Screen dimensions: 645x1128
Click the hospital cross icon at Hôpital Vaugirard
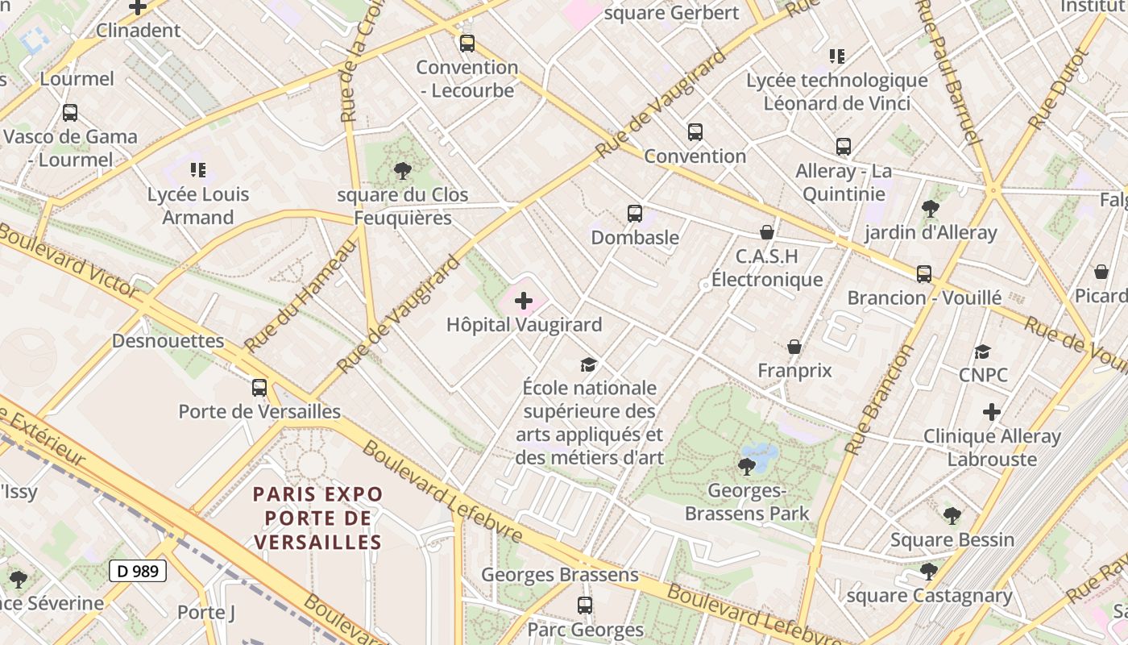pyautogui.click(x=524, y=302)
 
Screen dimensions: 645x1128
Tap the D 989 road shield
pyautogui.click(x=138, y=571)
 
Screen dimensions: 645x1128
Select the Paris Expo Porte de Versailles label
pyautogui.click(x=318, y=518)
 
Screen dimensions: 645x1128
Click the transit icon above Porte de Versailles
pyautogui.click(x=259, y=388)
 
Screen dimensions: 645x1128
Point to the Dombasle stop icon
pyautogui.click(x=635, y=214)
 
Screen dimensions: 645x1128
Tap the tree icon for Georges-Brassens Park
pyautogui.click(x=747, y=466)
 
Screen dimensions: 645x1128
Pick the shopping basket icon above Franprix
pyautogui.click(x=794, y=347)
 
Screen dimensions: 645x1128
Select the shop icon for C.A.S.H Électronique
pyautogui.click(x=767, y=232)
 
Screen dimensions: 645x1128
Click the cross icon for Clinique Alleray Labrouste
pyautogui.click(x=992, y=412)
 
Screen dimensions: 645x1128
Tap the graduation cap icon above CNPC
pyautogui.click(x=983, y=352)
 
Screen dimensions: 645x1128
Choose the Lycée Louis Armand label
pyautogui.click(x=198, y=206)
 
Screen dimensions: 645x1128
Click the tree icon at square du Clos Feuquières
pyautogui.click(x=402, y=171)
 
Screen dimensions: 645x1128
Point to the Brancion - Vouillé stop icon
pyautogui.click(x=924, y=274)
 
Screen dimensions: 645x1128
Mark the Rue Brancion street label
pyautogui.click(x=881, y=399)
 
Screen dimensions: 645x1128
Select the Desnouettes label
pyautogui.click(x=168, y=340)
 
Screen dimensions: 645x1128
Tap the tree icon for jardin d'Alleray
pyautogui.click(x=931, y=209)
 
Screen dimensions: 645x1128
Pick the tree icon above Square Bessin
pyautogui.click(x=952, y=516)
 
